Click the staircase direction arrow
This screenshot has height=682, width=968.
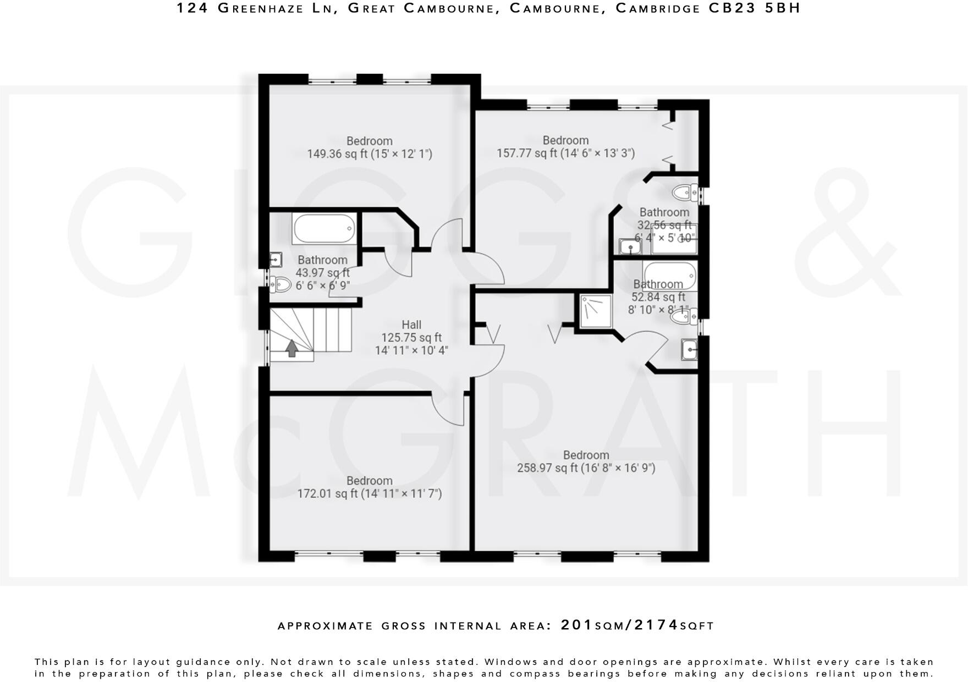click(291, 348)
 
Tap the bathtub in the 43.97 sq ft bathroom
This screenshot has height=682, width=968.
click(324, 228)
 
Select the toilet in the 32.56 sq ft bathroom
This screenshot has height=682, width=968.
click(684, 193)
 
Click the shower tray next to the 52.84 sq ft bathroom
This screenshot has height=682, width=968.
click(596, 311)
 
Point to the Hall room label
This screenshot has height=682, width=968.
click(411, 324)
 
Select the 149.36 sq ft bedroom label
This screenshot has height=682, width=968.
click(369, 141)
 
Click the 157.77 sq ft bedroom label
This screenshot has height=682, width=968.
click(565, 140)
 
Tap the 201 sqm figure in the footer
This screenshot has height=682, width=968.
click(577, 625)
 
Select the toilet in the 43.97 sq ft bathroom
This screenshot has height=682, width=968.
click(281, 284)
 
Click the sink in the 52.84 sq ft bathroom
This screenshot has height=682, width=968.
click(689, 349)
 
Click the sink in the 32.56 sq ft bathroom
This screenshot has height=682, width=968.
click(630, 246)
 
